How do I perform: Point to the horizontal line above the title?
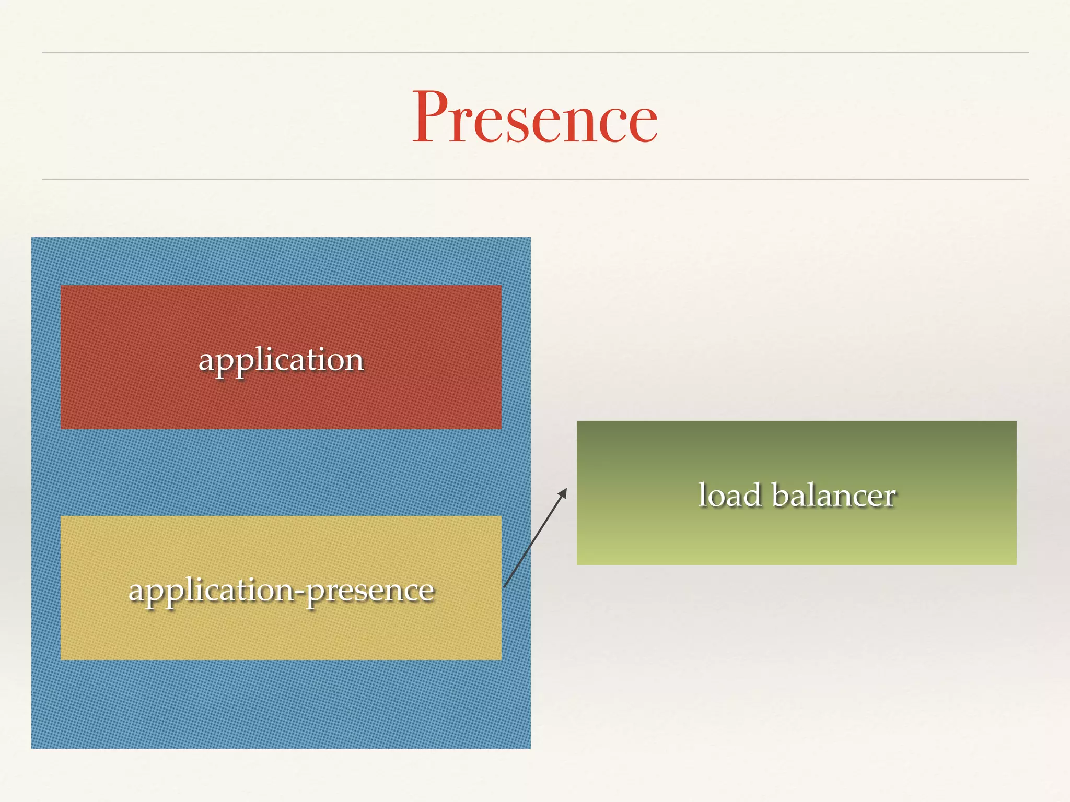click(535, 53)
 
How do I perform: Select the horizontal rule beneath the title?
click(535, 179)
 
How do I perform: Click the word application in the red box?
click(281, 360)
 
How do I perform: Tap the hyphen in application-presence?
click(300, 592)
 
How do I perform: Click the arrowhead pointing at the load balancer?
click(563, 492)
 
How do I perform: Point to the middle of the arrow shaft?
click(535, 538)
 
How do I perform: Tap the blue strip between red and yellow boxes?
click(281, 473)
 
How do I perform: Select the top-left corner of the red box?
click(62, 287)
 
